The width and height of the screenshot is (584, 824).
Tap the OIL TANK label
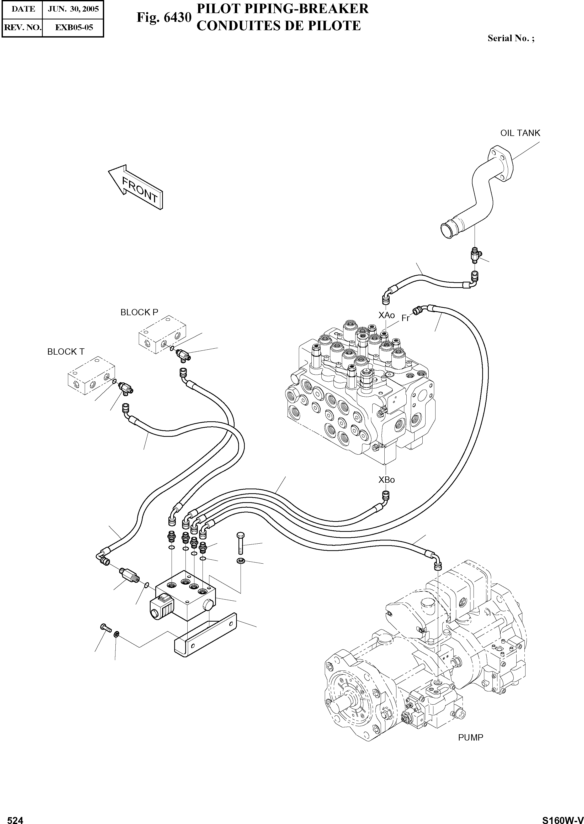pos(520,133)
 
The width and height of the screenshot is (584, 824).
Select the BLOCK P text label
pos(139,312)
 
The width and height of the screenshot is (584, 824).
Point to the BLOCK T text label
pos(66,351)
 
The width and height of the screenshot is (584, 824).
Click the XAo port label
pos(386,315)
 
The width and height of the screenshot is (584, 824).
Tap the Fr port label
pos(405,318)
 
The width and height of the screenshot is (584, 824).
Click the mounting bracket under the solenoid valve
pos(205,636)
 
